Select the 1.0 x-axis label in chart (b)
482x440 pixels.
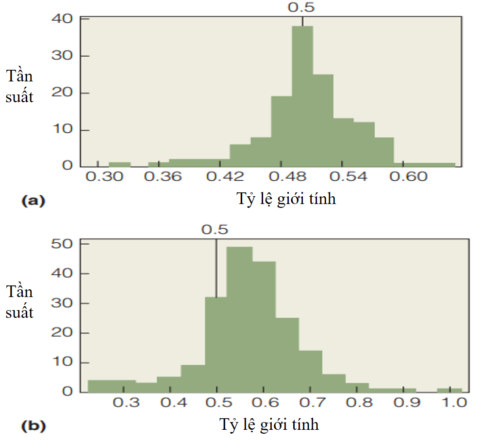[454, 403]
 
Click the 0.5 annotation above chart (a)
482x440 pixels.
[301, 7]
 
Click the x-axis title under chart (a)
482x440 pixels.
[286, 199]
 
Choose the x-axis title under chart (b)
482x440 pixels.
[270, 425]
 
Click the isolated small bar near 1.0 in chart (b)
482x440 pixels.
[449, 390]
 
